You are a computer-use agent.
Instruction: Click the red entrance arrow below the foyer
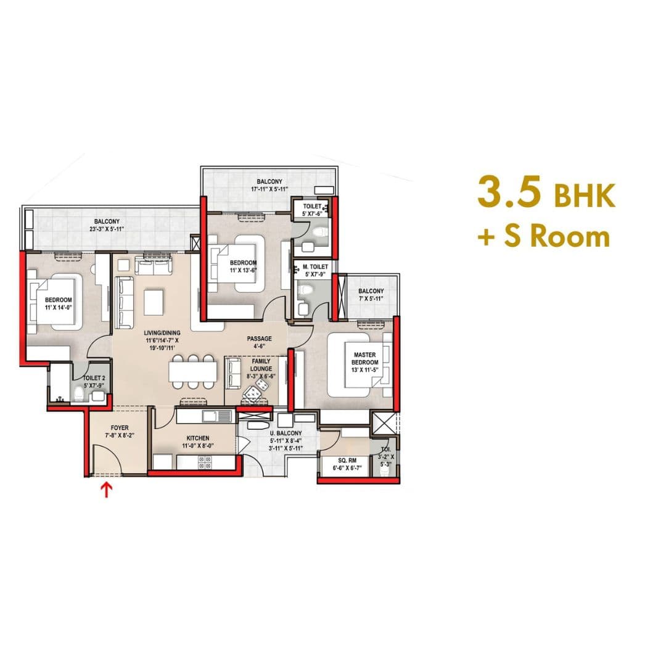tap(107, 490)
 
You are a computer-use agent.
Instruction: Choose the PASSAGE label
tap(259, 339)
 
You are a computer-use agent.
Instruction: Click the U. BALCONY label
tap(286, 433)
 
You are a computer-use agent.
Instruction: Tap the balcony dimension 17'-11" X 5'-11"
tap(269, 189)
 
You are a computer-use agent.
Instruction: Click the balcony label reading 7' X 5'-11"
tap(371, 298)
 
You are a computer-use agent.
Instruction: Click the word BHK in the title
tap(583, 196)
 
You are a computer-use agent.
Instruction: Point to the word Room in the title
tap(570, 237)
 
